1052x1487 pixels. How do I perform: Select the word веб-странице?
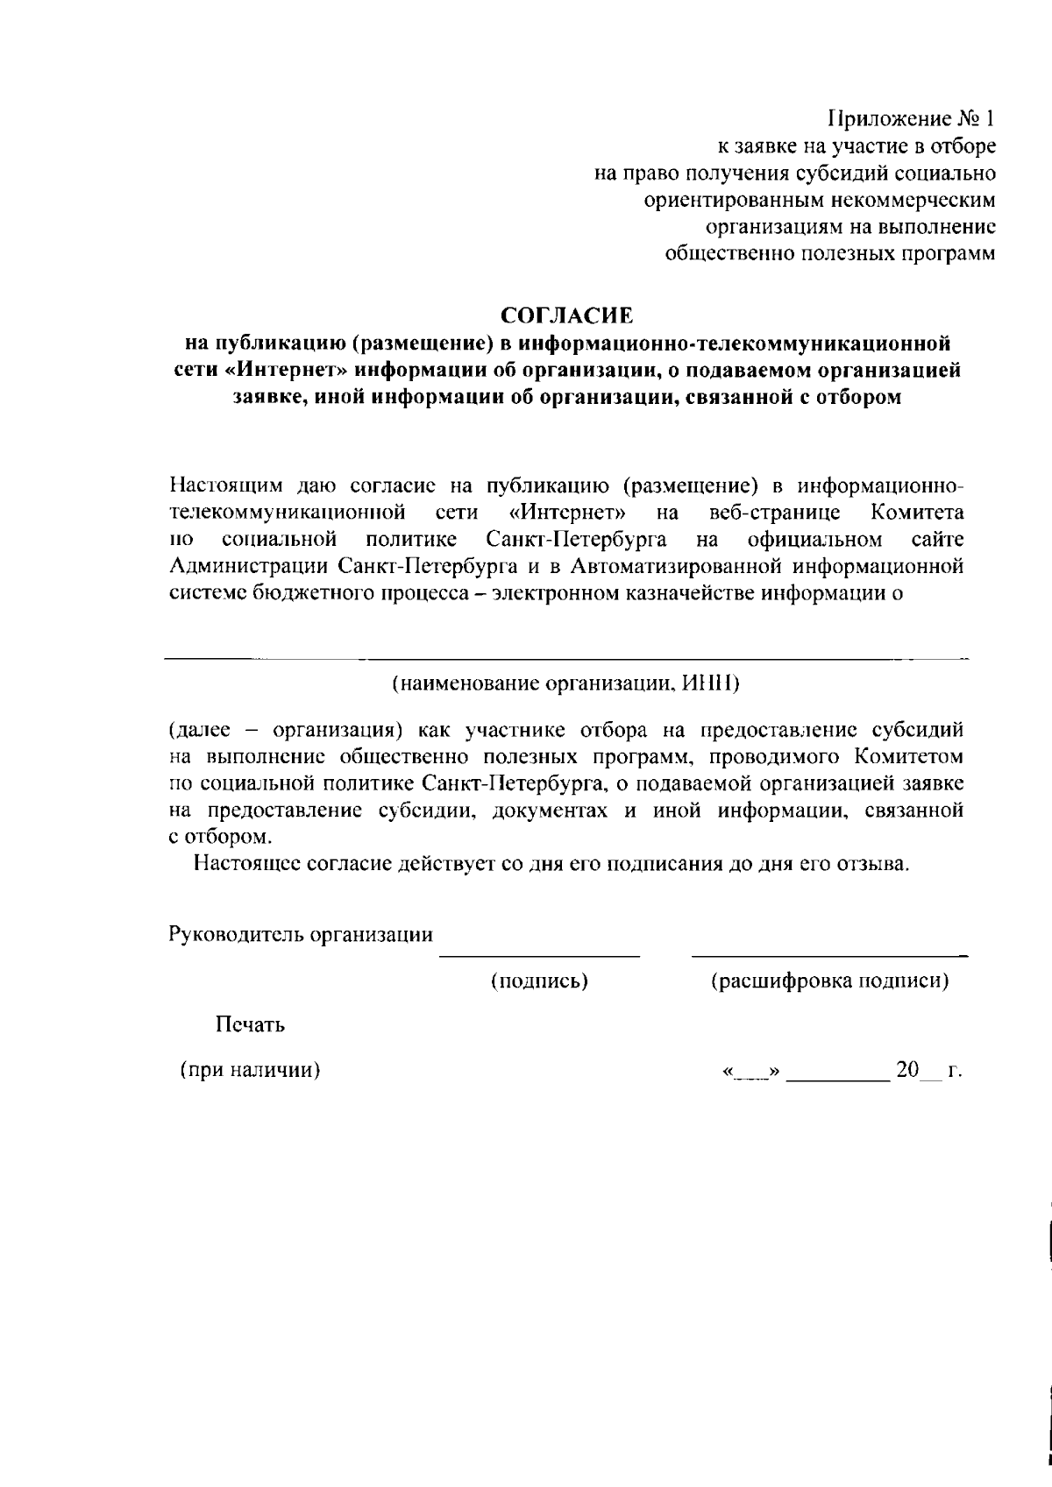point(775,511)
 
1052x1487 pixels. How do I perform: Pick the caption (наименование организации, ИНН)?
point(565,683)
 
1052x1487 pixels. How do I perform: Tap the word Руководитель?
point(225,934)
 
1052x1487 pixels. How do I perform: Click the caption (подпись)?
point(538,981)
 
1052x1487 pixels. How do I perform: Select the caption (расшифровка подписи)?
point(829,981)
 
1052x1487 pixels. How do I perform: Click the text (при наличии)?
point(249,1070)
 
